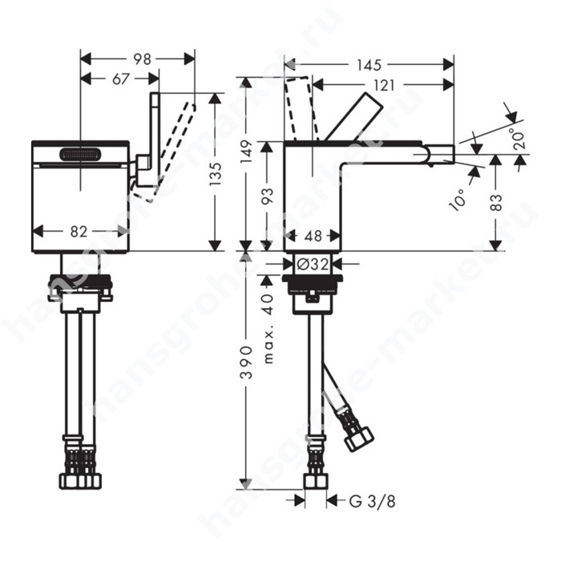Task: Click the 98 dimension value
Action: (x=142, y=59)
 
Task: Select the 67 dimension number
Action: (x=120, y=79)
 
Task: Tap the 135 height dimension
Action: (x=216, y=174)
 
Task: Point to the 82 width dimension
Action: (x=79, y=232)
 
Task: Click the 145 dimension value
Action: (x=369, y=65)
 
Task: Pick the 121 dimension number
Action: (x=385, y=86)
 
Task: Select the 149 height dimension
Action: (x=246, y=152)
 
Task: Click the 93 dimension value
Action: (x=267, y=196)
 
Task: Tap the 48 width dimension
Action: (x=313, y=236)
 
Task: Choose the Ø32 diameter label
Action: (x=313, y=264)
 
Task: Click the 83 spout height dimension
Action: (x=496, y=203)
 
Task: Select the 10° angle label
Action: (x=458, y=200)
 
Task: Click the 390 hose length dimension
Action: (x=246, y=361)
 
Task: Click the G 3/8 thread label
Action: (x=372, y=501)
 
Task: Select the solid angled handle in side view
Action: (x=353, y=117)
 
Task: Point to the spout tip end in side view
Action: (x=454, y=154)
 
